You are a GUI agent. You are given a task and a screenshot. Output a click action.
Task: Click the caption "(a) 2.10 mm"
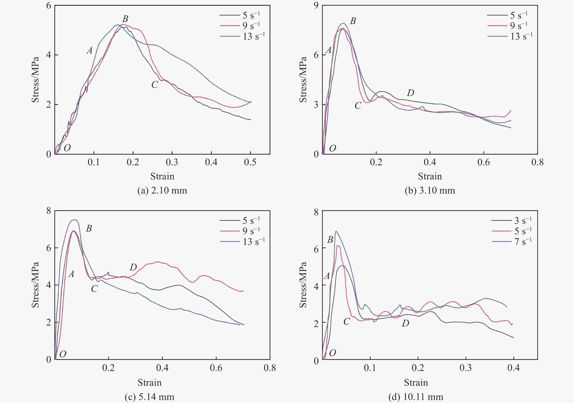pyautogui.click(x=162, y=191)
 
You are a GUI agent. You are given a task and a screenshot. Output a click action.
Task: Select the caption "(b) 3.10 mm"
pyautogui.click(x=430, y=191)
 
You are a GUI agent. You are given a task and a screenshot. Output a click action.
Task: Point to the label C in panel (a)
pyautogui.click(x=154, y=85)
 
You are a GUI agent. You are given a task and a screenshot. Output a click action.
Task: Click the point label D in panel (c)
pyautogui.click(x=133, y=267)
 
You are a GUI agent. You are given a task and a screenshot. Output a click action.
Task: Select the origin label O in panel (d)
pyautogui.click(x=333, y=353)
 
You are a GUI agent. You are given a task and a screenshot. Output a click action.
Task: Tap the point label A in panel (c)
pyautogui.click(x=71, y=274)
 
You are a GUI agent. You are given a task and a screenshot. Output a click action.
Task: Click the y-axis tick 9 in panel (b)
pyautogui.click(x=316, y=5)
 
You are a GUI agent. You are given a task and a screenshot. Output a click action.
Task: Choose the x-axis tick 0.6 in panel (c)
pyautogui.click(x=216, y=368)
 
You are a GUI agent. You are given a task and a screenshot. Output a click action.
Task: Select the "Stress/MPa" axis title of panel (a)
pyautogui.click(x=35, y=80)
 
